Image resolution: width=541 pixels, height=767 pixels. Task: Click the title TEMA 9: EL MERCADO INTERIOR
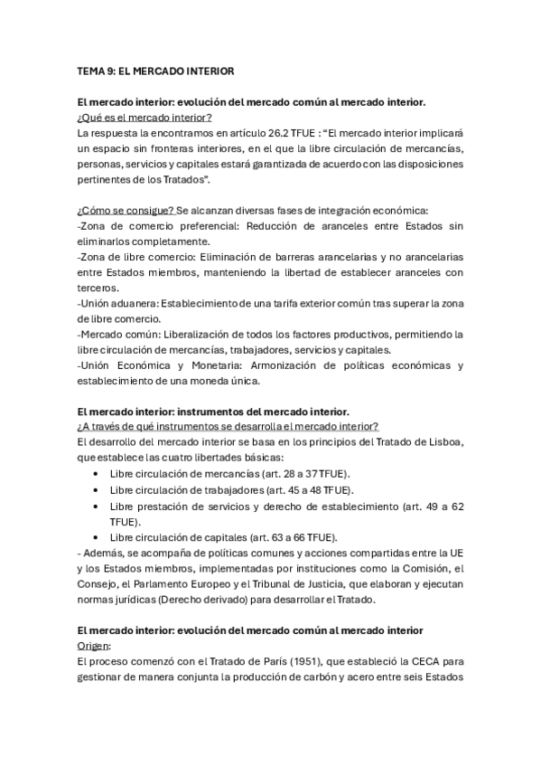[x=155, y=70]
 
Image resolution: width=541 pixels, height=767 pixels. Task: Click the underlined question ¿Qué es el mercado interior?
[x=145, y=117]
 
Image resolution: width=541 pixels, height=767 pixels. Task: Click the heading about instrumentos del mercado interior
[x=213, y=412]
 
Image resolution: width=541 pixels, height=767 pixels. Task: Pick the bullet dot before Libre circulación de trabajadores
[x=97, y=489]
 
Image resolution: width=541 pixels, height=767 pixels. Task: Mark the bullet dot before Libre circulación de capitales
[x=97, y=536]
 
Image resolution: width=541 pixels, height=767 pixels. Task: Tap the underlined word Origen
[x=94, y=646]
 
